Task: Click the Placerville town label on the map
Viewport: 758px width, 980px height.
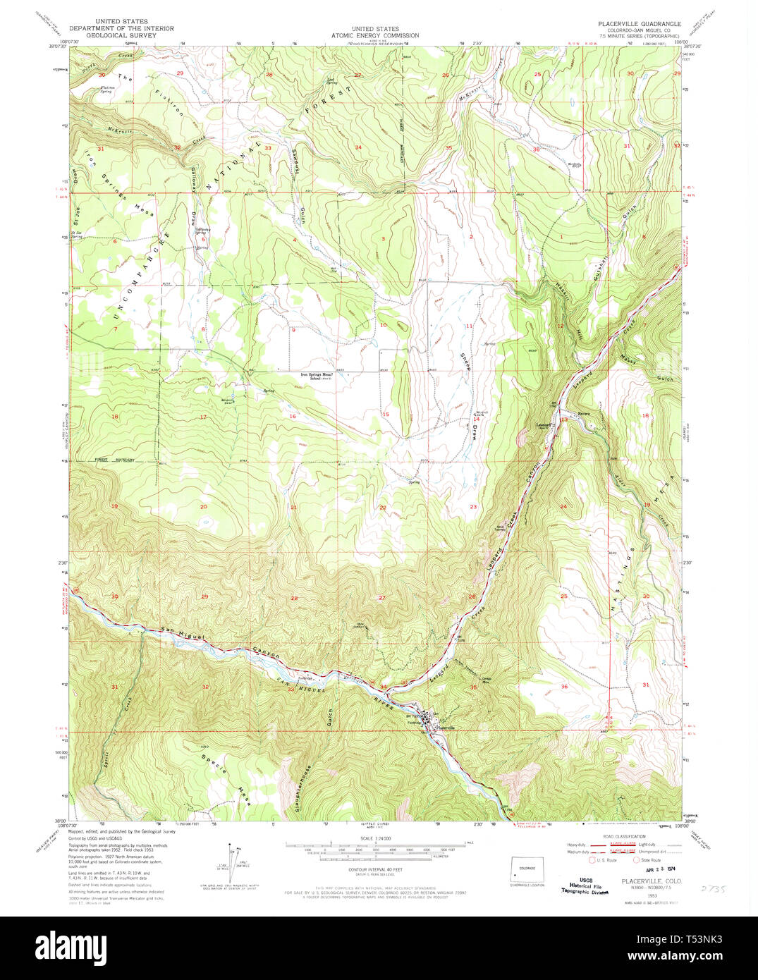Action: click(x=446, y=728)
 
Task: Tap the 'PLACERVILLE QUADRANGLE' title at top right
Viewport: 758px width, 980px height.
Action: click(x=640, y=24)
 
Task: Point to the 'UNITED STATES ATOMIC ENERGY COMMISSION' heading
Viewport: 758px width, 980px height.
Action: click(x=375, y=32)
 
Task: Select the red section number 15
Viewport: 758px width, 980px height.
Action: click(x=386, y=415)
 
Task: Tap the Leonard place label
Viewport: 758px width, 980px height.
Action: click(x=543, y=425)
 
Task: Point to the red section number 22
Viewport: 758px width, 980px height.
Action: click(x=383, y=508)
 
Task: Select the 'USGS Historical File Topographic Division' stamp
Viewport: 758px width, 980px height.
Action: click(x=582, y=886)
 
